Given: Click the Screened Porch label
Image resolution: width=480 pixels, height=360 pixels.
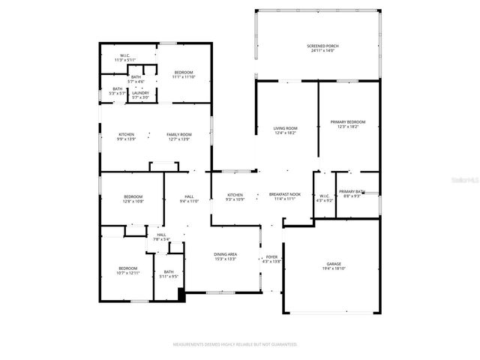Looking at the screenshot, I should (322, 49).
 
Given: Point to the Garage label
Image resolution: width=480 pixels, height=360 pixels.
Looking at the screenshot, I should (334, 266).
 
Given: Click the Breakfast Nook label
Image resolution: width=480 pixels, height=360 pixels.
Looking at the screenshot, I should (284, 196).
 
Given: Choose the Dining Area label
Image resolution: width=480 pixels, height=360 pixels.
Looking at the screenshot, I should (226, 256).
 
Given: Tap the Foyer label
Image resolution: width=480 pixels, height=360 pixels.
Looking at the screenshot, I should (271, 259).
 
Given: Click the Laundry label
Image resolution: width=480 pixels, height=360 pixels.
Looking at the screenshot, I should (140, 94).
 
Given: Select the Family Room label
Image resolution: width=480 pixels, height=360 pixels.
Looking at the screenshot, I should (178, 136).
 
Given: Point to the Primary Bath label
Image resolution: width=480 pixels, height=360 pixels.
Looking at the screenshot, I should (352, 193).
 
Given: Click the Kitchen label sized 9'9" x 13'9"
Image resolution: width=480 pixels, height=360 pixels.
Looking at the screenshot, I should (126, 136).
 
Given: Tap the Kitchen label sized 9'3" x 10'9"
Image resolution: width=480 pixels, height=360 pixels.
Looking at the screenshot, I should (235, 197).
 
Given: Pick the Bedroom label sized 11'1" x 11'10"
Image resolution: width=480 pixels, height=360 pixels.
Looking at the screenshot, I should (184, 74).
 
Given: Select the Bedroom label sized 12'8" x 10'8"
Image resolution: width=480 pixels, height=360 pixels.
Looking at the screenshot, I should (133, 199).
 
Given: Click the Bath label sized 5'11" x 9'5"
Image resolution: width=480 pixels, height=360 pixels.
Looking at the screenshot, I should (169, 274).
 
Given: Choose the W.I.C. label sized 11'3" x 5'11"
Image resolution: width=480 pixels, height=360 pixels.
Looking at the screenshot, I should (124, 58).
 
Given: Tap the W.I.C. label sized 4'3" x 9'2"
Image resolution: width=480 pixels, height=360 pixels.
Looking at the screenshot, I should (324, 198).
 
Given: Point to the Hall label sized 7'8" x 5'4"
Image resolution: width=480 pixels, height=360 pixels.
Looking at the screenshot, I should (161, 237).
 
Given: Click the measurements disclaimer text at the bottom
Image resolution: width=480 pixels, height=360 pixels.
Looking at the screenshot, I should (235, 344).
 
